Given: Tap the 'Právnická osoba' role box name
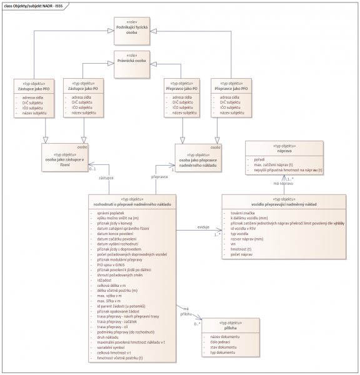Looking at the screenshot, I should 132,61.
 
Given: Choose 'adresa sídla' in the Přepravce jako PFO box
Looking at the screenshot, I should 232,97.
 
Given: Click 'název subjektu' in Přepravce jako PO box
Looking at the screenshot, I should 186,112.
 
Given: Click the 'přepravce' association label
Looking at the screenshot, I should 161,177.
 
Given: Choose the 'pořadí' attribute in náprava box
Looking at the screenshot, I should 259,159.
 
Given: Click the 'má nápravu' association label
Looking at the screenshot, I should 284,184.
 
